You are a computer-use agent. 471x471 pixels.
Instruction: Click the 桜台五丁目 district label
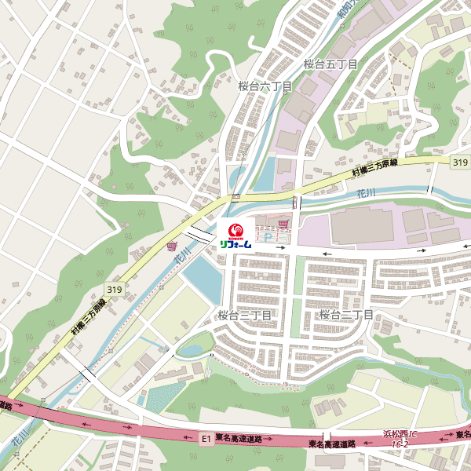click(x=330, y=64)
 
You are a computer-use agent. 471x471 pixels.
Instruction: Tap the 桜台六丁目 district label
click(x=265, y=86)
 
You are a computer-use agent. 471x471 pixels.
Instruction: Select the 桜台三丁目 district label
click(x=244, y=316)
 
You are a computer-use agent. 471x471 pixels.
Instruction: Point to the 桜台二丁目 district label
click(x=346, y=315)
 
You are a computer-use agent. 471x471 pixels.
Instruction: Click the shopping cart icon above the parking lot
click(x=283, y=224)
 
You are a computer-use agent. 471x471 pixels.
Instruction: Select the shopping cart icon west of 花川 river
click(x=171, y=246)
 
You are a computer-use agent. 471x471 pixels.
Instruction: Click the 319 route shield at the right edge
click(x=460, y=162)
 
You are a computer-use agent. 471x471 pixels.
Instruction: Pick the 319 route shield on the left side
click(x=115, y=290)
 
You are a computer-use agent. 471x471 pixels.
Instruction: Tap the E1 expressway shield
click(x=206, y=439)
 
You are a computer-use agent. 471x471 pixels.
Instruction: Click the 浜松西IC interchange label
click(x=400, y=434)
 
